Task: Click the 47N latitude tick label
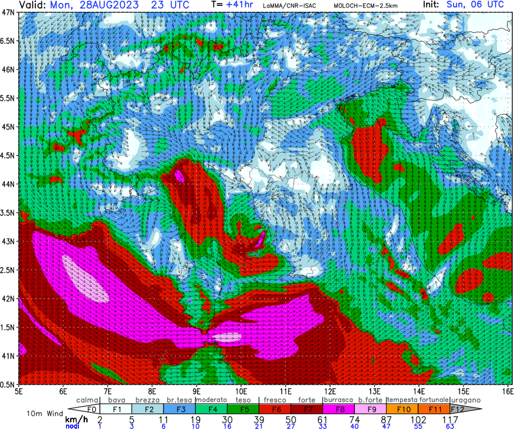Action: (9, 12)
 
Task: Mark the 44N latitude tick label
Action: (9, 184)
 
